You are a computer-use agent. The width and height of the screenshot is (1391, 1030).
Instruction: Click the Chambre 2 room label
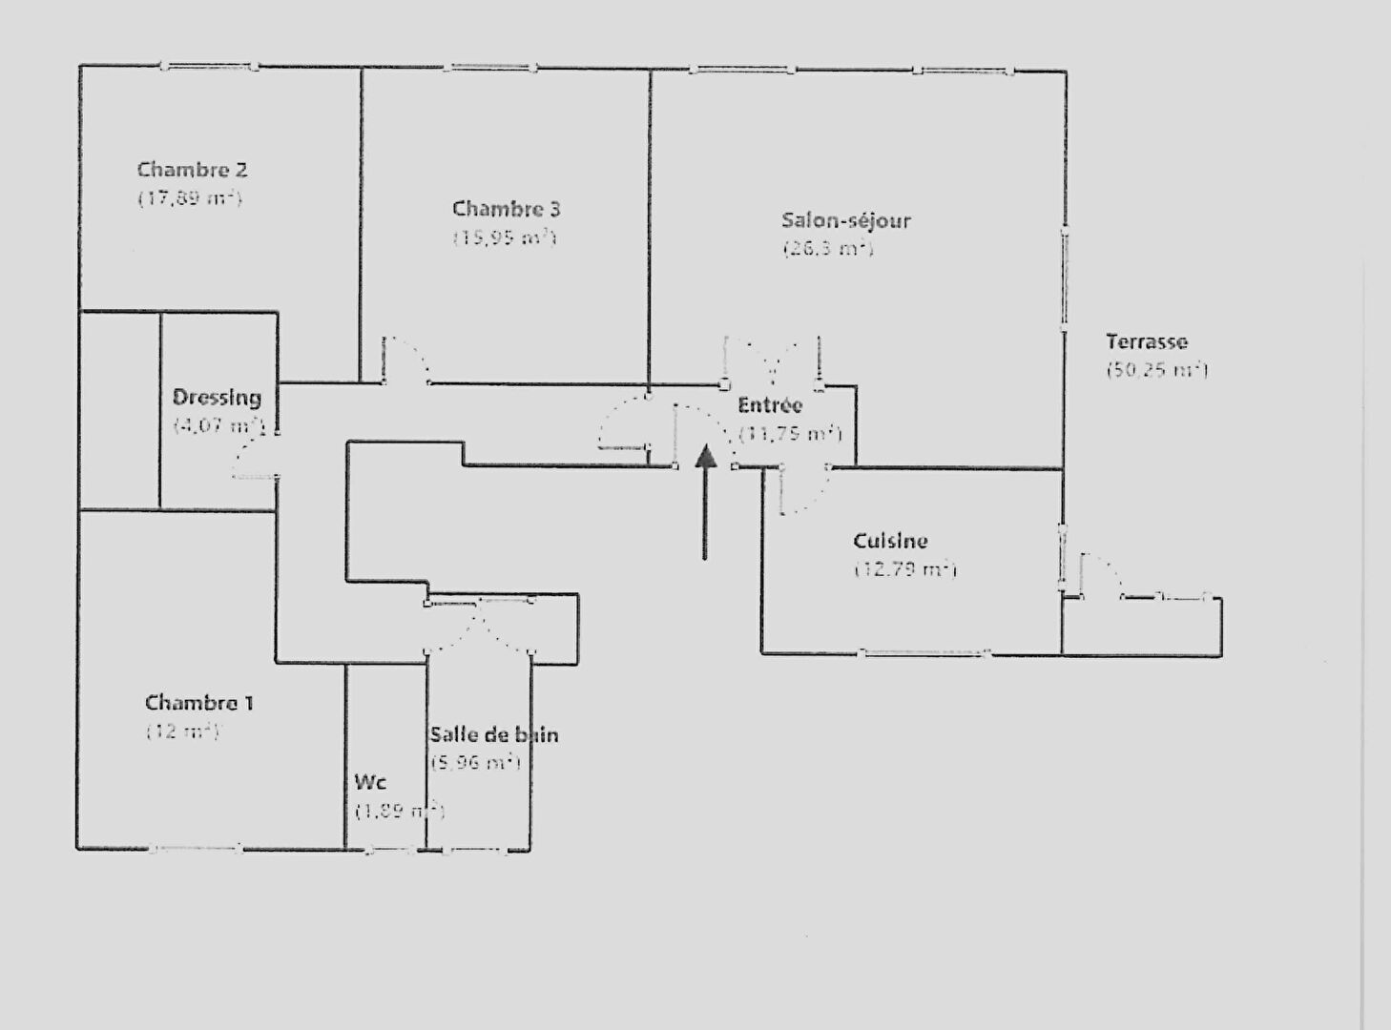pyautogui.click(x=192, y=170)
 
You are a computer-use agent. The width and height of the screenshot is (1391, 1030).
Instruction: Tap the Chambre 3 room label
pyautogui.click(x=506, y=209)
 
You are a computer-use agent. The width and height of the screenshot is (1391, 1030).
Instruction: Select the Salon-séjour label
pyautogui.click(x=845, y=220)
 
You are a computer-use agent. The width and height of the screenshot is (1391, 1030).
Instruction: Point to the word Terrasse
pyautogui.click(x=1146, y=341)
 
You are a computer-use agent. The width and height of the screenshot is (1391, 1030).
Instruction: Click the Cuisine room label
pyautogui.click(x=890, y=541)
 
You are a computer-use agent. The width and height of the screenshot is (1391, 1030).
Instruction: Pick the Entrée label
pyautogui.click(x=770, y=405)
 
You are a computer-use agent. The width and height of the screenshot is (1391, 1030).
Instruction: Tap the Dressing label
pyautogui.click(x=217, y=398)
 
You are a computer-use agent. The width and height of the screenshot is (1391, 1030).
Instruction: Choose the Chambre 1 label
pyautogui.click(x=198, y=703)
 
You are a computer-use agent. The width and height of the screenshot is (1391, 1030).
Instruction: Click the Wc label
pyautogui.click(x=369, y=782)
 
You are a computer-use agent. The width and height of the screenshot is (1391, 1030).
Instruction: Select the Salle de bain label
pyautogui.click(x=493, y=734)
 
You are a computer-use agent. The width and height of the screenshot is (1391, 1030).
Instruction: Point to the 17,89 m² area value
pyautogui.click(x=190, y=198)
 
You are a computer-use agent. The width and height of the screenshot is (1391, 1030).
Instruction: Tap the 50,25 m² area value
pyautogui.click(x=1156, y=370)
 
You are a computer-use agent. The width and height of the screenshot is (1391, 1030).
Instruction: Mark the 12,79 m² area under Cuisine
pyautogui.click(x=904, y=570)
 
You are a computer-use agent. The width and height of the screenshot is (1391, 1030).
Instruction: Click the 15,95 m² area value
pyautogui.click(x=504, y=237)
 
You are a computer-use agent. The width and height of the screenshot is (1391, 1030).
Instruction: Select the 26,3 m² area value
pyautogui.click(x=827, y=249)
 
